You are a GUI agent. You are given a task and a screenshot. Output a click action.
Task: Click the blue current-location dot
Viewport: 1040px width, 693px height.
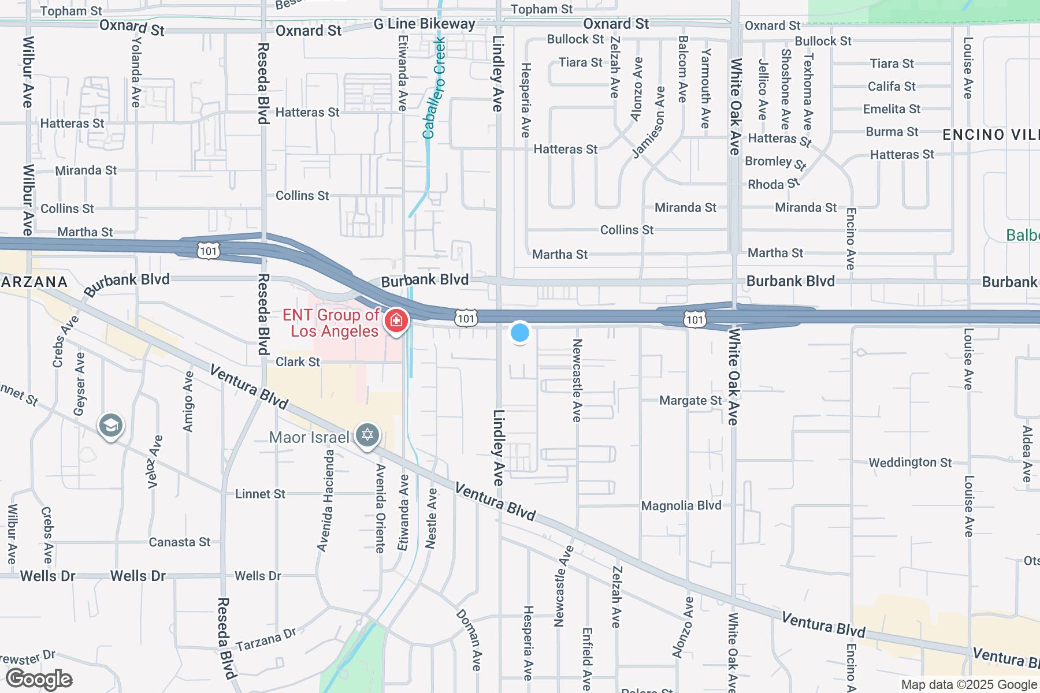point(520,333)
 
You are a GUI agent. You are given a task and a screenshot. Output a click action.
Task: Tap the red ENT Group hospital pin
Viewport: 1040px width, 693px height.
point(396,321)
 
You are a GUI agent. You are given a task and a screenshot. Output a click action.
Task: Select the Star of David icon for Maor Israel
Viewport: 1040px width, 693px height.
point(367,435)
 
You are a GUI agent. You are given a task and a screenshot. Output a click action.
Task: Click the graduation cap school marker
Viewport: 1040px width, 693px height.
point(110,426)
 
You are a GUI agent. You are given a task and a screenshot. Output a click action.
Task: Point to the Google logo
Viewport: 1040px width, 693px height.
point(39,679)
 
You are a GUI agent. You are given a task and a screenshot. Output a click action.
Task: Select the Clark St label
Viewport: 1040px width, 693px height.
point(298,362)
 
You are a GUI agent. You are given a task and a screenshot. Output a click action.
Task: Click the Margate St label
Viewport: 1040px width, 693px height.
point(690,400)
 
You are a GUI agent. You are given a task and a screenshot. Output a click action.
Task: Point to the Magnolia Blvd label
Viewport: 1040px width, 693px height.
point(681,506)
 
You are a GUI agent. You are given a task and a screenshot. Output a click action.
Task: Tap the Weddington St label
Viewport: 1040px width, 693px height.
point(910,463)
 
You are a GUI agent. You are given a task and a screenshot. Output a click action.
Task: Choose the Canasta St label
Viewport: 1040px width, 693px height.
point(180,542)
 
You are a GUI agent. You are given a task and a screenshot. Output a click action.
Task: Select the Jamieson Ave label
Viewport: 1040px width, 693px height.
point(649,122)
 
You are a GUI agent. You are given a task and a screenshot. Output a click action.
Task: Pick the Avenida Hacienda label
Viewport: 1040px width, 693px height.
point(326,500)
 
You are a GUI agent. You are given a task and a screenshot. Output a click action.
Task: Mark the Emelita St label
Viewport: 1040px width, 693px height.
point(892,109)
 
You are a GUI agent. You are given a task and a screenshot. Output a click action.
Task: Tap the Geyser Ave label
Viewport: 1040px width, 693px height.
point(79,383)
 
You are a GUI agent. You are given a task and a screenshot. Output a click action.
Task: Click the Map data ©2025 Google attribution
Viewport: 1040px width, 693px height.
point(969,685)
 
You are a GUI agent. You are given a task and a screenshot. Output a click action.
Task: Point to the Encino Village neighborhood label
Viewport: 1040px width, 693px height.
point(990,135)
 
